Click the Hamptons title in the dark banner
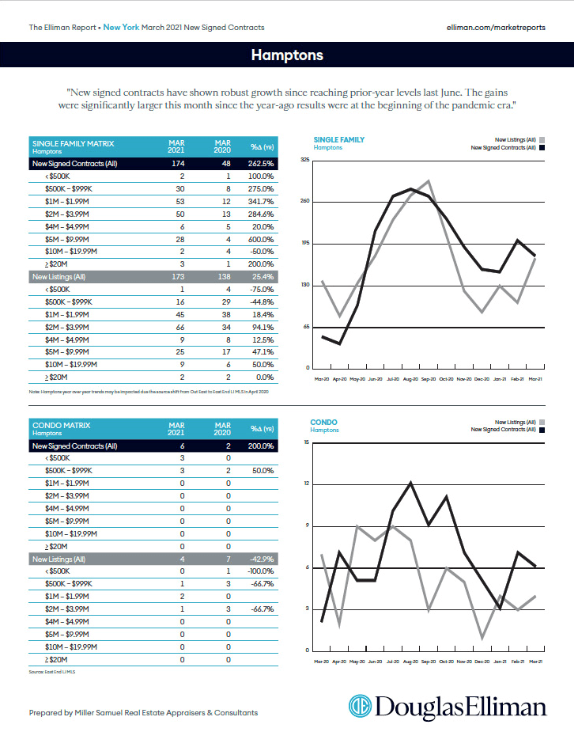(x=287, y=55)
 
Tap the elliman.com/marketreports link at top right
(x=496, y=27)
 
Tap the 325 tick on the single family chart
(x=305, y=161)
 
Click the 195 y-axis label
(x=305, y=244)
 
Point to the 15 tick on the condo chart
(x=306, y=442)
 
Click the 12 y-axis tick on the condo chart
(x=306, y=484)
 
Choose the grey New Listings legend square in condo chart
(x=542, y=422)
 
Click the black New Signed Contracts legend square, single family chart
(x=542, y=147)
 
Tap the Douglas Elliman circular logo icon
(x=361, y=705)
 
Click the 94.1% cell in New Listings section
(x=262, y=326)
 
